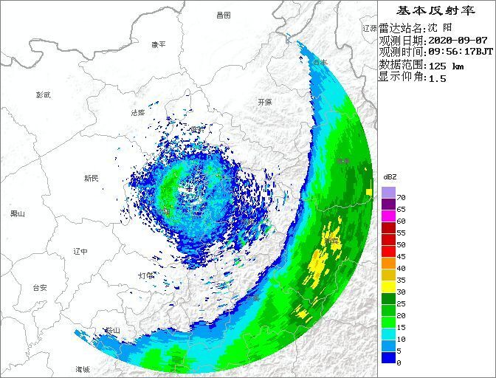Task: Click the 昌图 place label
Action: click(x=224, y=15)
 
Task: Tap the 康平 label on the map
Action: click(x=158, y=44)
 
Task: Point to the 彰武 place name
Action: click(x=44, y=94)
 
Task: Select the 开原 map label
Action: click(x=265, y=102)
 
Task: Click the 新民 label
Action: click(x=91, y=178)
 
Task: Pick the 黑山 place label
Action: click(x=17, y=214)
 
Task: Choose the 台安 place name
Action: click(x=39, y=287)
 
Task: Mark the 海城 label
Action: click(x=81, y=368)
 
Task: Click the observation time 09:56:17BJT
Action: click(x=461, y=52)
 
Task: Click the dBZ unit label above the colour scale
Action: click(x=390, y=177)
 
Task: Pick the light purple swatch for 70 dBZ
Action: click(x=388, y=192)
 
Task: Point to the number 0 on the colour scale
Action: click(x=399, y=362)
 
